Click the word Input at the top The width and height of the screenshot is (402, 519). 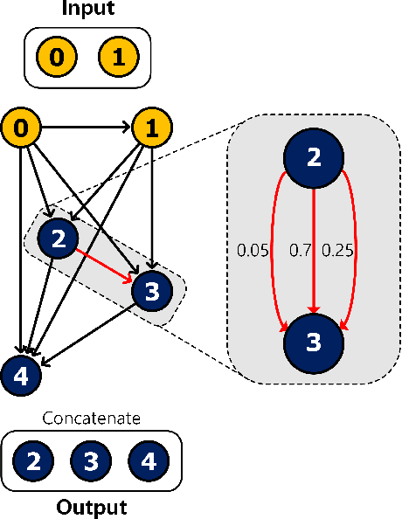(87, 10)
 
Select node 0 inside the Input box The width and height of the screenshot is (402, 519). (57, 58)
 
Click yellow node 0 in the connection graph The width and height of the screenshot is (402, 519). (22, 130)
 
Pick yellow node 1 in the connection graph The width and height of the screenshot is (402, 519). (150, 130)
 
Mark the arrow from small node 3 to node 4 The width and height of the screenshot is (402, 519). (87, 334)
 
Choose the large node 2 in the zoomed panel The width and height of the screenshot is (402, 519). (313, 158)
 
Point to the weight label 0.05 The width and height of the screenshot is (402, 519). (253, 250)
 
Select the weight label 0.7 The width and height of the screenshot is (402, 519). (300, 250)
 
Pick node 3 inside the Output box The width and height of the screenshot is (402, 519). (91, 461)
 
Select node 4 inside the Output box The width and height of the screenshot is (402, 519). (148, 461)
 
